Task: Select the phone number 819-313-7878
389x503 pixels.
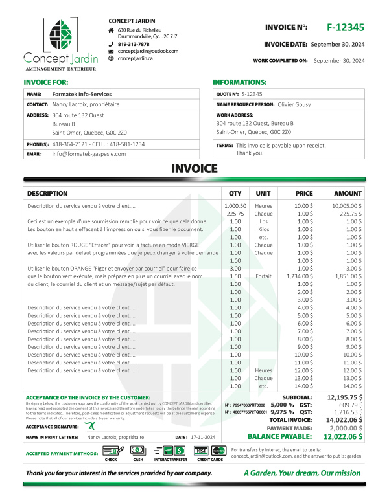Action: pos(134,44)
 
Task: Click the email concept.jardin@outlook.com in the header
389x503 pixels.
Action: pos(148,51)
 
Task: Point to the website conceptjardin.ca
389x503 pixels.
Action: pos(136,58)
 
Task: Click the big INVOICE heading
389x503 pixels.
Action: pos(194,169)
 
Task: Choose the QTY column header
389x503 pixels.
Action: pos(235,193)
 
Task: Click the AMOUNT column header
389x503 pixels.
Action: pos(348,193)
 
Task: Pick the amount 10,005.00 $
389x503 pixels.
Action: pos(346,206)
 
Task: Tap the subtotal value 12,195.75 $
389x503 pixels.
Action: pos(345,396)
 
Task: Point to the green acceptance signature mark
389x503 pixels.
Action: pos(93,425)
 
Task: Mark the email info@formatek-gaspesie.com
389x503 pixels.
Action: pos(99,154)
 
